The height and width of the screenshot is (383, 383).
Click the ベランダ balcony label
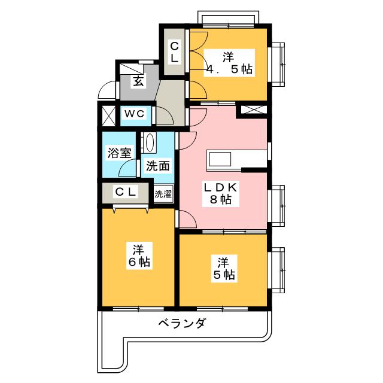point(183,324)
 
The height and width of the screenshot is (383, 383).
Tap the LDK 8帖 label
point(221,193)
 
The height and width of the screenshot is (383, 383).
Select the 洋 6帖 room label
point(138,255)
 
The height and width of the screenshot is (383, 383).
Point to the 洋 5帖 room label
point(223,268)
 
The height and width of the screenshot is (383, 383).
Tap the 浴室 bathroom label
point(118,153)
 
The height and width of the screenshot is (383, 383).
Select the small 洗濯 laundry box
point(163,194)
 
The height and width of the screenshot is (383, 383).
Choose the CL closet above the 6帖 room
point(126,192)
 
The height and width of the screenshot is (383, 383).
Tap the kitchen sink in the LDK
point(219,160)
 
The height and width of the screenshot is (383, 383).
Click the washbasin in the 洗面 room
point(150,144)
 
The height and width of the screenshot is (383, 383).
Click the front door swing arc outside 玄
point(106,90)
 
